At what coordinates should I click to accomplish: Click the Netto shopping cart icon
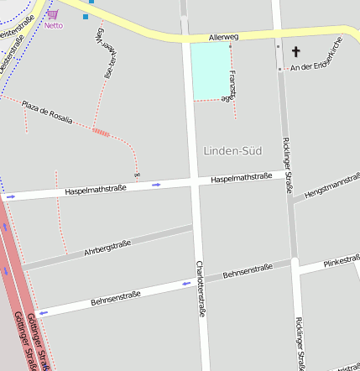(x=54, y=13)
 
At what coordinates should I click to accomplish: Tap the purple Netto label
(x=54, y=25)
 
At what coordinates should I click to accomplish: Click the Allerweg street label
(x=222, y=38)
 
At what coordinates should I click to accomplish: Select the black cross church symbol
(x=295, y=52)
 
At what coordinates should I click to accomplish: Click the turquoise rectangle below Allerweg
(x=210, y=71)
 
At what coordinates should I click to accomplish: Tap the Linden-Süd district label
(x=232, y=151)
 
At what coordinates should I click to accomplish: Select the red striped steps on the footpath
(x=101, y=132)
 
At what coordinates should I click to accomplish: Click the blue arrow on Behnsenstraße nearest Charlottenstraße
(x=186, y=284)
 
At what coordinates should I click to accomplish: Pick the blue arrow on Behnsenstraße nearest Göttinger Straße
(x=43, y=312)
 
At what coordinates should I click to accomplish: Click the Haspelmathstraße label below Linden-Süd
(x=241, y=178)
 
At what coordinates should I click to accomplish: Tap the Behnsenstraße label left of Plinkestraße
(x=248, y=270)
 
